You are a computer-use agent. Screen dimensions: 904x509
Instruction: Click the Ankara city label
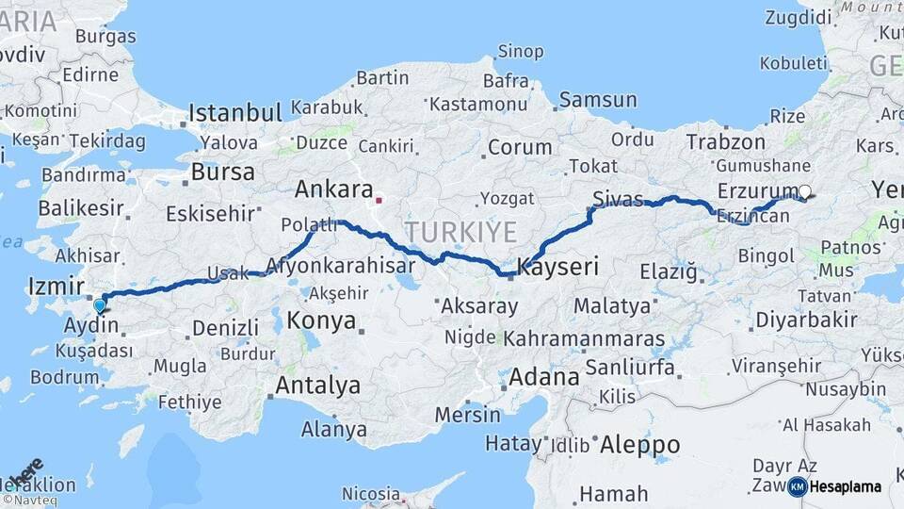[334, 189]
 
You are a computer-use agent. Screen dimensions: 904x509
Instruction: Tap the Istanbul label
[235, 113]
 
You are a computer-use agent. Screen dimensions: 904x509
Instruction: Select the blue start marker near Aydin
[100, 305]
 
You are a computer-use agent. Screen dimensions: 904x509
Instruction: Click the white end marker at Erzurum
[804, 191]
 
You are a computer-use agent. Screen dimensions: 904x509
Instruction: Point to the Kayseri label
[558, 268]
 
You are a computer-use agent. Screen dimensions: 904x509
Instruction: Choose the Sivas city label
[618, 198]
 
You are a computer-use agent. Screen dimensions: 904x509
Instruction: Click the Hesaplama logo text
[846, 486]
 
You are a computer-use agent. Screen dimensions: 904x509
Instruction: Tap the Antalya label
[317, 385]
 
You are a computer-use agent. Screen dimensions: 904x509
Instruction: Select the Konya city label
[321, 321]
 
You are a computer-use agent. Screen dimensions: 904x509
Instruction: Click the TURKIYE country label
[461, 232]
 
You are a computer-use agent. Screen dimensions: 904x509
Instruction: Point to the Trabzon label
[726, 142]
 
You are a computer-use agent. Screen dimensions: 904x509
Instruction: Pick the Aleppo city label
[639, 444]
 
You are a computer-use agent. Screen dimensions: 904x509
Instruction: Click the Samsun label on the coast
[598, 100]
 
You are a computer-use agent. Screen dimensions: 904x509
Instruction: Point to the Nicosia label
[370, 494]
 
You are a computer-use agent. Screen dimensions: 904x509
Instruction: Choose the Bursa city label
[222, 172]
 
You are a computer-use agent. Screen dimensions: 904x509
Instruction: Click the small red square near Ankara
[379, 200]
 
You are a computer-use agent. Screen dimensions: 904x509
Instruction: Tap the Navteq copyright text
[29, 501]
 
